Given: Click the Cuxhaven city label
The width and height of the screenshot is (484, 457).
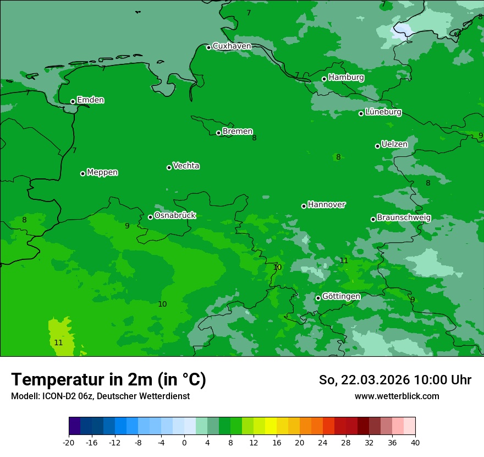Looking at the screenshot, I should coord(232,46).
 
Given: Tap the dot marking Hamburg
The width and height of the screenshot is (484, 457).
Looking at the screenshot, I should coord(324,79).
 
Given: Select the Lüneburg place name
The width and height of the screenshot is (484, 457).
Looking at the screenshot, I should coord(383,112).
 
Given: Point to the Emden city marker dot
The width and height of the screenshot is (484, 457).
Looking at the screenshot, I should coord(73,101).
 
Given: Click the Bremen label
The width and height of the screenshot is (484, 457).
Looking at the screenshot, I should coord(238,132).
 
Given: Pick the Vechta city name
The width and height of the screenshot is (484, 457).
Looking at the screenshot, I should coord(186,166).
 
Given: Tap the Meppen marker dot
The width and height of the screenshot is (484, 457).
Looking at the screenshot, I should coord(82,173).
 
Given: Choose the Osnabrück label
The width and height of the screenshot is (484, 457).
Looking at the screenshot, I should coord(175,216).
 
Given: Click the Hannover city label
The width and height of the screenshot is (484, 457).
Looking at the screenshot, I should coord(327,205).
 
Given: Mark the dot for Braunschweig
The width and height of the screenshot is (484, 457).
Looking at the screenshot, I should coord(373,219).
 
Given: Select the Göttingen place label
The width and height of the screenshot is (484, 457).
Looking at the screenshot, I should coord(341,297).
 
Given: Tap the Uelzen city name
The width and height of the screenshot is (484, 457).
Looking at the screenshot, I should coord(394,145).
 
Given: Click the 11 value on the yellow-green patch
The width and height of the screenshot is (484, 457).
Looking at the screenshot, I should coord(58,342).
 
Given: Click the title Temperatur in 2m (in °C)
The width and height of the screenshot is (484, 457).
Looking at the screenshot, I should coord(108,379).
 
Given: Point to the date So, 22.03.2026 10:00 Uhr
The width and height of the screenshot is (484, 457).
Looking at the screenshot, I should coord(395,380).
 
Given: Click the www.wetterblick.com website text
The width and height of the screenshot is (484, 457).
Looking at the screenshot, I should coord(397,396).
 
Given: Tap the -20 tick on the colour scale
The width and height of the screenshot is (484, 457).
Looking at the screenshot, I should coord(69,442).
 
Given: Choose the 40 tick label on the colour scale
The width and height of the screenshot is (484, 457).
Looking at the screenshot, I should coord(415,442).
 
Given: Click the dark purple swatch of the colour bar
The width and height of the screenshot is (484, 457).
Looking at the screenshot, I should coord(74,426).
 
